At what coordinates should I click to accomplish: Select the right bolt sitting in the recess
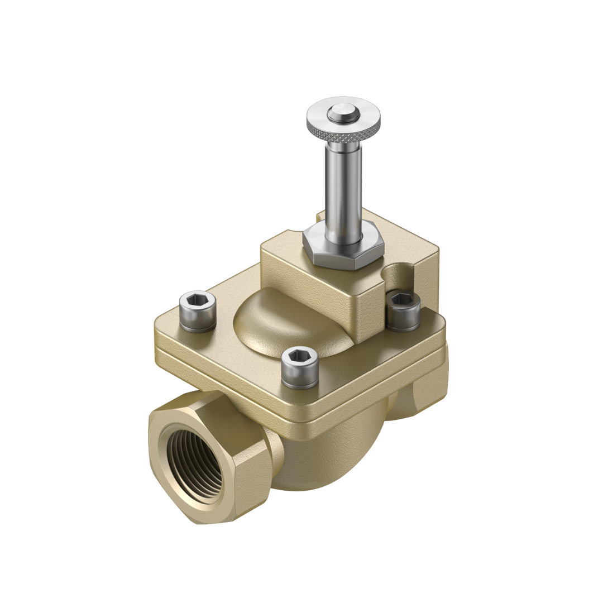pos(403,310)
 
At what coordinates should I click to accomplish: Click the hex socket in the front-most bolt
pos(300,356)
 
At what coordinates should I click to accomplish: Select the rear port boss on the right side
pos(419,391)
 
